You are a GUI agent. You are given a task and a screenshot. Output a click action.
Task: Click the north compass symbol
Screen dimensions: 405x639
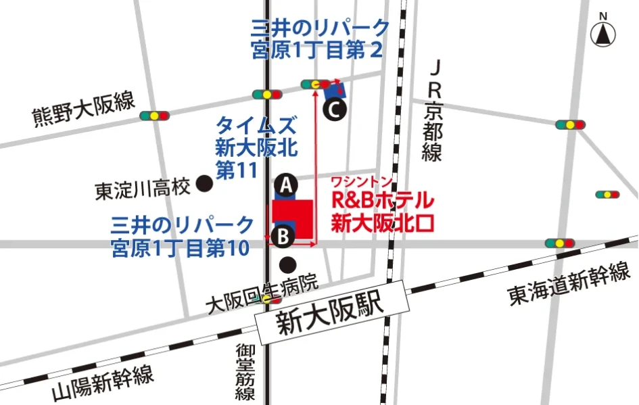click(x=602, y=32)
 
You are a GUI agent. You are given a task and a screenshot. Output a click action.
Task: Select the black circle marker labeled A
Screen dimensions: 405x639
click(x=287, y=184)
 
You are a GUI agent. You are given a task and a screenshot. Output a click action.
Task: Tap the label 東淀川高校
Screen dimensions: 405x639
click(x=143, y=188)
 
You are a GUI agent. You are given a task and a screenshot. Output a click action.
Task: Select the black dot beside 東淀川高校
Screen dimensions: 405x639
click(x=204, y=184)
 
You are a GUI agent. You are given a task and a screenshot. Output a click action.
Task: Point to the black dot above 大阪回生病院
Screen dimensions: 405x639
click(x=287, y=264)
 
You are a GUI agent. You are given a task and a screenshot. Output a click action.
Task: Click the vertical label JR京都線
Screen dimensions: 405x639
click(x=433, y=112)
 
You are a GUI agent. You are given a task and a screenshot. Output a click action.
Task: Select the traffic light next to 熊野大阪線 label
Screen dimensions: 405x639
click(x=155, y=116)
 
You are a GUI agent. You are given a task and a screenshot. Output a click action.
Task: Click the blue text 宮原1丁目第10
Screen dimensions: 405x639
click(x=181, y=248)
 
